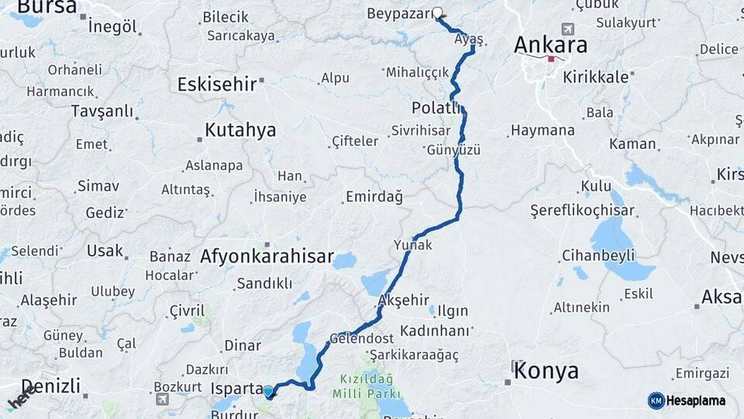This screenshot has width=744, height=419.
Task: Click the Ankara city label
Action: point(550,45)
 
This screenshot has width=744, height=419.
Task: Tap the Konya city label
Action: point(547,370)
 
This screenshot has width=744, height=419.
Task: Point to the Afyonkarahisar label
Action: point(267,256)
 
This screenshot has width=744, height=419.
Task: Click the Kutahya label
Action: point(240,130)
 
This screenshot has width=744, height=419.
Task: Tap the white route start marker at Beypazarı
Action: point(438,12)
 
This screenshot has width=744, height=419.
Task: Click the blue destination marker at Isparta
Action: point(268,392)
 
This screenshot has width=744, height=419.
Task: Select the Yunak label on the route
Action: point(413,244)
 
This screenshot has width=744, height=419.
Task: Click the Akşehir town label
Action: point(402,300)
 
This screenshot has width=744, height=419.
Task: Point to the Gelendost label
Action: point(361,338)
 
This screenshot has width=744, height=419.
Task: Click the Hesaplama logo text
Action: point(697,400)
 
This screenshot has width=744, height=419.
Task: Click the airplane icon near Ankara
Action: point(568,29)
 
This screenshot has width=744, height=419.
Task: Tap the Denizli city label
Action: point(50,386)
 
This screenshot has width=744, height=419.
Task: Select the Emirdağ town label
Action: point(374,197)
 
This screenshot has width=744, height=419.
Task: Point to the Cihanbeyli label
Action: point(598,255)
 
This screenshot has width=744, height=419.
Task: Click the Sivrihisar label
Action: point(421,130)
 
